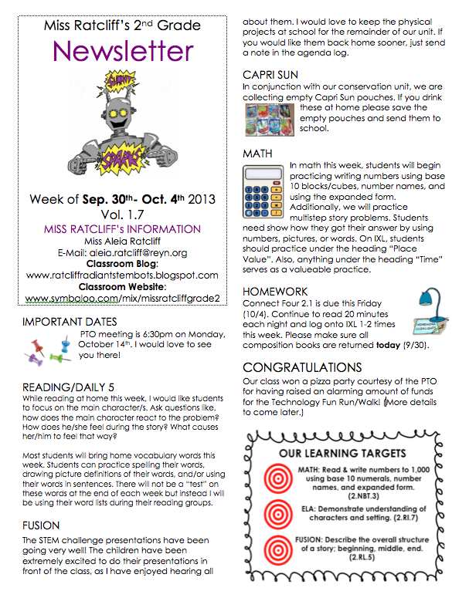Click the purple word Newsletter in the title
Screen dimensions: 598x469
point(123,51)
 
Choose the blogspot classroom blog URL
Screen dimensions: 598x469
point(123,275)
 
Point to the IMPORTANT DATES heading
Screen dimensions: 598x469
point(70,321)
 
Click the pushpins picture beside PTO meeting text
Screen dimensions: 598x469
point(48,349)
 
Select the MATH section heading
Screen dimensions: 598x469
point(257,154)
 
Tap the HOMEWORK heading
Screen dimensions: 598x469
point(276,292)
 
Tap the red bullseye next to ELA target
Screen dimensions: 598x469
point(275,513)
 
